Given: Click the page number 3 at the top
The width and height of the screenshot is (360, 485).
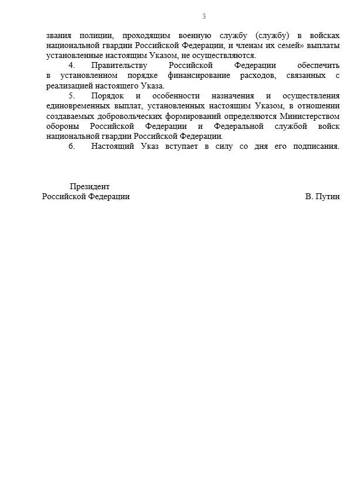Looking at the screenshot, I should pos(203,16).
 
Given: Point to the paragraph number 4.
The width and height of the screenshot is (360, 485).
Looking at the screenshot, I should pos(72,66).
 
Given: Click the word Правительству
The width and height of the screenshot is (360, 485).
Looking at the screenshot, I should pos(119,66).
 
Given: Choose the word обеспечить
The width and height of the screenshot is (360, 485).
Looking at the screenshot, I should pos(318,66).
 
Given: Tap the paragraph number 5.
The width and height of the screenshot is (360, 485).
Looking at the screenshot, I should pos(72,95).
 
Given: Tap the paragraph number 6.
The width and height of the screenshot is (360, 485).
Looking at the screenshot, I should pos(72,146).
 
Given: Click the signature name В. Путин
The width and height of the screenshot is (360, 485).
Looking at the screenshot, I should pos(322,197).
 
